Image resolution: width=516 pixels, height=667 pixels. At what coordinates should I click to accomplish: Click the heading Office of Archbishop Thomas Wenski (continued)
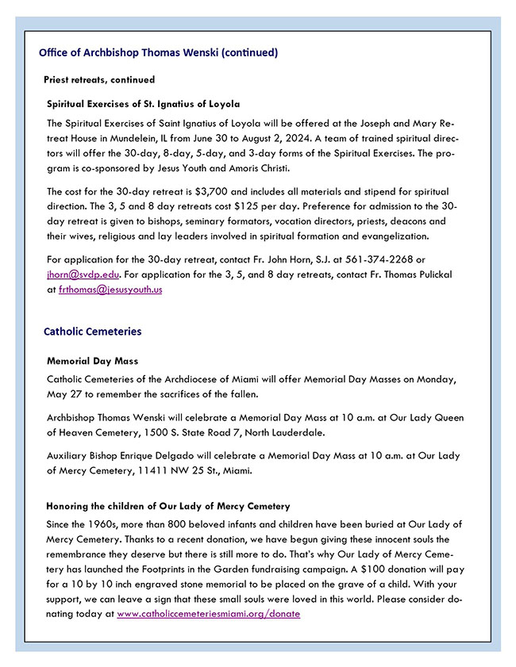[158, 53]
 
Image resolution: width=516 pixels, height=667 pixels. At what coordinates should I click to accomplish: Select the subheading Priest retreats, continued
[99, 80]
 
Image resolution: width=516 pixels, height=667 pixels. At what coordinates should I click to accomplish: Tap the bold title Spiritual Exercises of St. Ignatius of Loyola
[143, 104]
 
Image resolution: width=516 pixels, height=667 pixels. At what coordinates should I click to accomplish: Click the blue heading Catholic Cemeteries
[92, 332]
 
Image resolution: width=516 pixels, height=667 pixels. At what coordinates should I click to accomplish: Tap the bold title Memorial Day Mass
[92, 361]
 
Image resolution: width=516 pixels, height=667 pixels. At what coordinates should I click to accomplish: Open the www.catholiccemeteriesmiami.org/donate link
[208, 614]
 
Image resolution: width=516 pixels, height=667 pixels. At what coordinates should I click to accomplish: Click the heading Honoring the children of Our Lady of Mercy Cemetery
[168, 506]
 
